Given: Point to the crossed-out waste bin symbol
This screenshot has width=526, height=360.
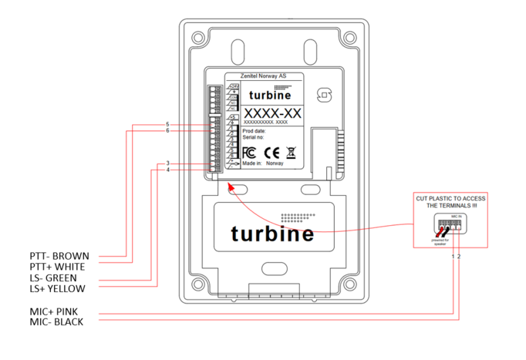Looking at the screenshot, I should pyautogui.click(x=291, y=153).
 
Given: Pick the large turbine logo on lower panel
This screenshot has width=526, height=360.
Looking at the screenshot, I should pyautogui.click(x=272, y=234).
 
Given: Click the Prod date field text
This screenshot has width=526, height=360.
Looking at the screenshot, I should pyautogui.click(x=256, y=132).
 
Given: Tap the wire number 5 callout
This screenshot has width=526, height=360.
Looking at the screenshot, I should pyautogui.click(x=167, y=125).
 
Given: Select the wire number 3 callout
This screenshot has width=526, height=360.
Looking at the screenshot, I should pyautogui.click(x=167, y=163).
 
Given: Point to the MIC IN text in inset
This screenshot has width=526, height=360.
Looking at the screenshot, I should pyautogui.click(x=455, y=219).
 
